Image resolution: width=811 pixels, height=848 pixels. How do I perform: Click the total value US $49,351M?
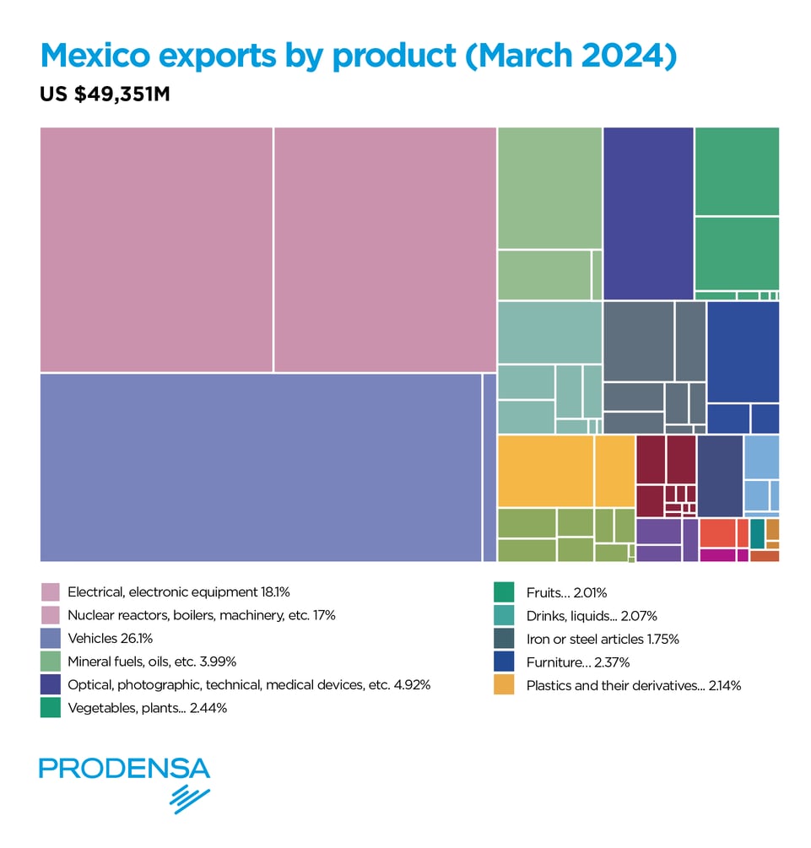pos(105,95)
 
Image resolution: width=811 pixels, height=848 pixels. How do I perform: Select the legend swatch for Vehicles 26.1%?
pos(51,639)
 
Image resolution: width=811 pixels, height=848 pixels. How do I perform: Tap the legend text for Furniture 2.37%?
pos(577,662)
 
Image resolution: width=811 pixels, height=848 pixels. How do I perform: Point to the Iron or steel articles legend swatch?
pos(504,639)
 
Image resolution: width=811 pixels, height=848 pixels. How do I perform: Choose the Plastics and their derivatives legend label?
pos(633,686)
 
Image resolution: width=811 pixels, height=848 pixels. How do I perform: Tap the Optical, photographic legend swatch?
pos(51,685)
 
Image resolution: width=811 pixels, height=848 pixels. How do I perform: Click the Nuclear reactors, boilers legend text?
pos(201,616)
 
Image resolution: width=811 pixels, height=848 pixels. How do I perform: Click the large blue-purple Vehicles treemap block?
pos(260,467)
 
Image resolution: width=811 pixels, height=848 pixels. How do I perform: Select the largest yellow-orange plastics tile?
pos(545,471)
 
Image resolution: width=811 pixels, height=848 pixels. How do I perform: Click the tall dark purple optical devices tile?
pos(648,213)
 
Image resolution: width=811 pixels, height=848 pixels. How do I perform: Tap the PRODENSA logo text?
pos(124,769)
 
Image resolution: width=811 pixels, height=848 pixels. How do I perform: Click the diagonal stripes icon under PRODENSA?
pos(190,798)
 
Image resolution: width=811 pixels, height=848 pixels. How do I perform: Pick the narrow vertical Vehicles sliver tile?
pos(489,467)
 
